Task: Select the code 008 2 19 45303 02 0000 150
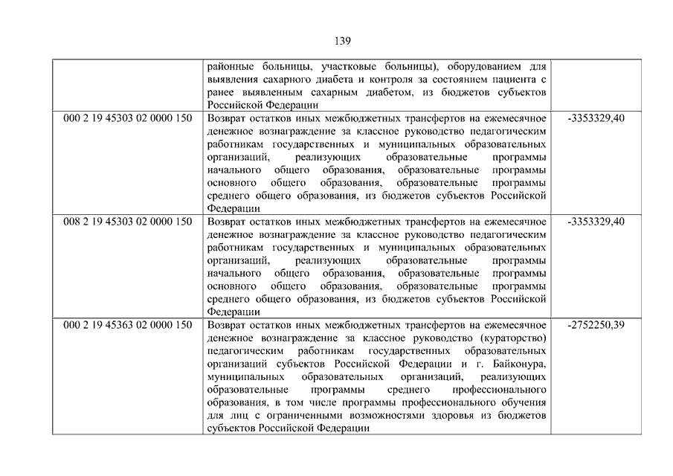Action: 128,222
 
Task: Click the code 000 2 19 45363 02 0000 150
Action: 128,325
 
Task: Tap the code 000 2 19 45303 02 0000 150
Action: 128,118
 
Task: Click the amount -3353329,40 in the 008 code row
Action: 596,222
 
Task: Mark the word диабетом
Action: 384,92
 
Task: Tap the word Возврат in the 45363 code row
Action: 227,325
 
